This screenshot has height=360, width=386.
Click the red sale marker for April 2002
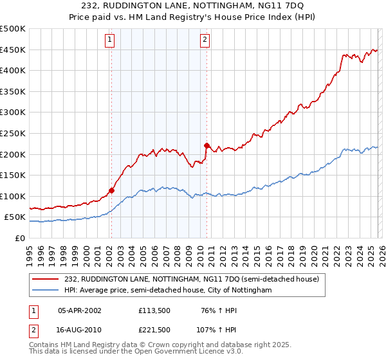[x=111, y=190]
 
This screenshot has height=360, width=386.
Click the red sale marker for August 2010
[x=207, y=145]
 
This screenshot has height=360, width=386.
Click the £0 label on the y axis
[x=19, y=238]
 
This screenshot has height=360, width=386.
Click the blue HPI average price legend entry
[x=168, y=291]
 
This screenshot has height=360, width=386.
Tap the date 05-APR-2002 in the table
[x=80, y=310]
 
